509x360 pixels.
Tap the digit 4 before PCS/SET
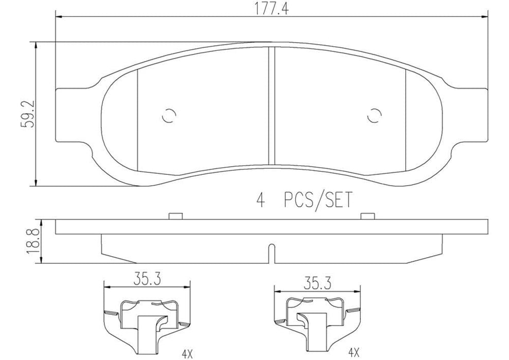point(260,200)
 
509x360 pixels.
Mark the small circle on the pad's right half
point(376,117)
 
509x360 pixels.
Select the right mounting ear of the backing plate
point(470,114)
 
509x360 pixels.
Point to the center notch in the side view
point(271,253)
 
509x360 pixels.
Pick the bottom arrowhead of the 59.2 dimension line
point(36,183)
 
